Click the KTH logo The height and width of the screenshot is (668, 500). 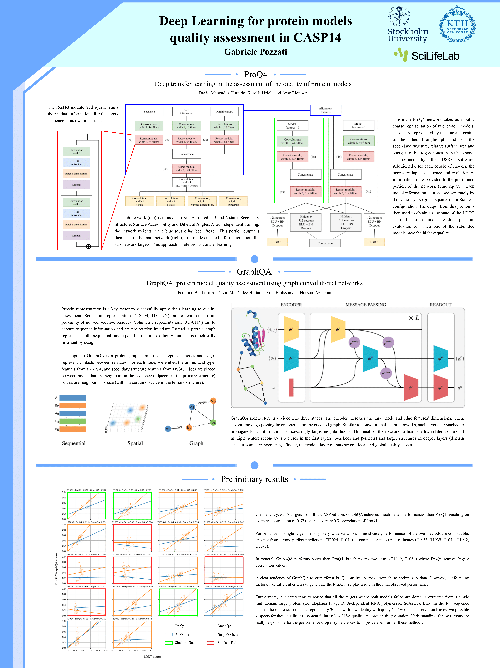click(x=457, y=24)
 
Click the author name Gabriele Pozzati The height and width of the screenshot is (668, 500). click(x=256, y=52)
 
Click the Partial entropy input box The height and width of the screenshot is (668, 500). click(x=225, y=112)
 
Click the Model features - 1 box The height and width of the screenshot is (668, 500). click(x=358, y=126)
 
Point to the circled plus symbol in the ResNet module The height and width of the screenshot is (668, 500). click(x=89, y=246)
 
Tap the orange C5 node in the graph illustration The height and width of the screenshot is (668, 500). click(x=213, y=401)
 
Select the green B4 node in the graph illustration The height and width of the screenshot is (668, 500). click(x=213, y=422)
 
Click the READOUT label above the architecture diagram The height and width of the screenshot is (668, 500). click(x=441, y=305)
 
